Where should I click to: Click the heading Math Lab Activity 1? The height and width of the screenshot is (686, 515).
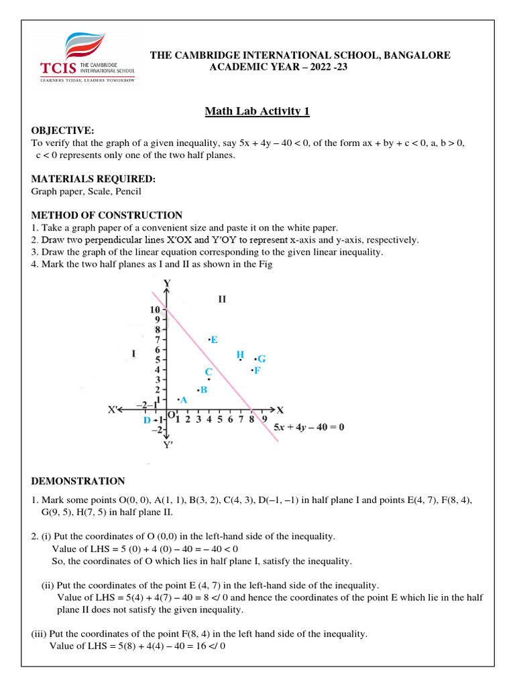(257, 111)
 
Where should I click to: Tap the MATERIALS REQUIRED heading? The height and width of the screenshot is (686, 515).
(93, 179)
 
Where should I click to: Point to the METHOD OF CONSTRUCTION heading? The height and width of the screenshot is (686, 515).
(107, 215)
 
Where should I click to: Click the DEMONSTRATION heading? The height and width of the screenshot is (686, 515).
(78, 481)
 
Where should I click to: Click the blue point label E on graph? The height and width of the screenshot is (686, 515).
(215, 340)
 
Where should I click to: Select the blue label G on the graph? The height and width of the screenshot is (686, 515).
(262, 359)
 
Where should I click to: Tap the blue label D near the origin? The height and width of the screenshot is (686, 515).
(147, 421)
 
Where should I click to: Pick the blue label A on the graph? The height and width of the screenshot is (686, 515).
(183, 399)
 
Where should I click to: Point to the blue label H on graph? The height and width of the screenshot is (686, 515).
(240, 354)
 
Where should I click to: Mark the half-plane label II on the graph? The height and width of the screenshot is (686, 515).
(222, 299)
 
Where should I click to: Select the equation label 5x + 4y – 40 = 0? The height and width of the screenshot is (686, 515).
(309, 427)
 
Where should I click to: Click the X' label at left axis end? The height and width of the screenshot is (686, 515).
(115, 409)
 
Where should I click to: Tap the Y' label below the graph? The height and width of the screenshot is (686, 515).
(168, 443)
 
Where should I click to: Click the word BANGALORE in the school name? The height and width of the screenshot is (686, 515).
(416, 55)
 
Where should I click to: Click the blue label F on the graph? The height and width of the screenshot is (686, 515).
(257, 370)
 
